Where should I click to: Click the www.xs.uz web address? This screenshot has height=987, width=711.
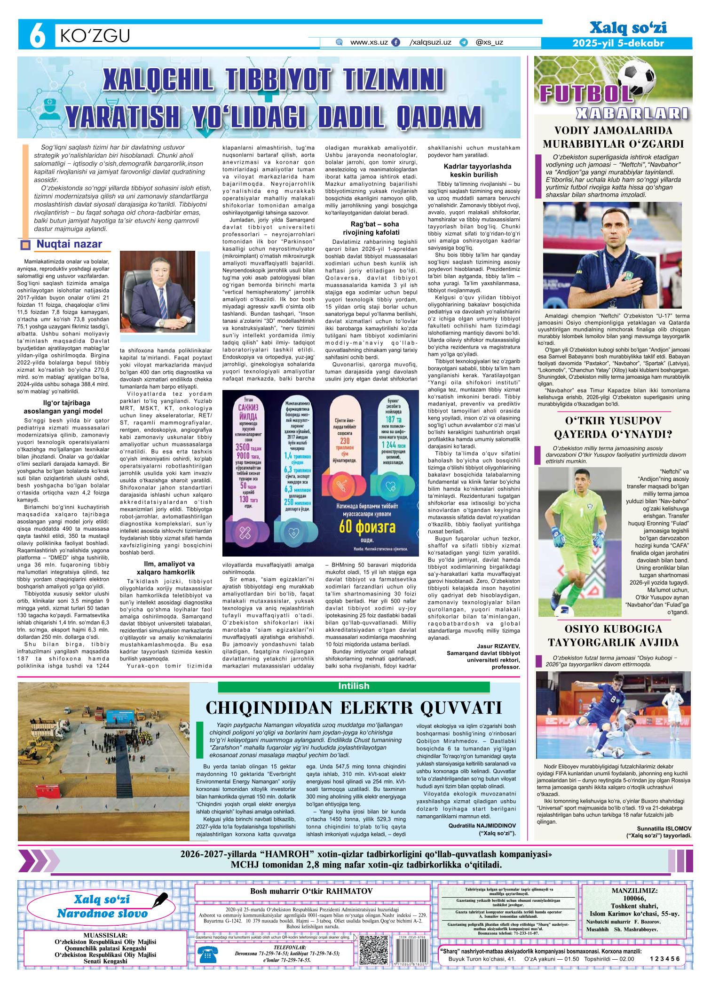click(369, 42)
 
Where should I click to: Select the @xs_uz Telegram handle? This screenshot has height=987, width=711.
click(489, 42)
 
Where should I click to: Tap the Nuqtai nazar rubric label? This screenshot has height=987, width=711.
click(69, 244)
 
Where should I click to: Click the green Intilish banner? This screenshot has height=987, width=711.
click(354, 686)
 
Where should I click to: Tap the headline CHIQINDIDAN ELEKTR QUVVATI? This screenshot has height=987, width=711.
click(354, 708)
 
